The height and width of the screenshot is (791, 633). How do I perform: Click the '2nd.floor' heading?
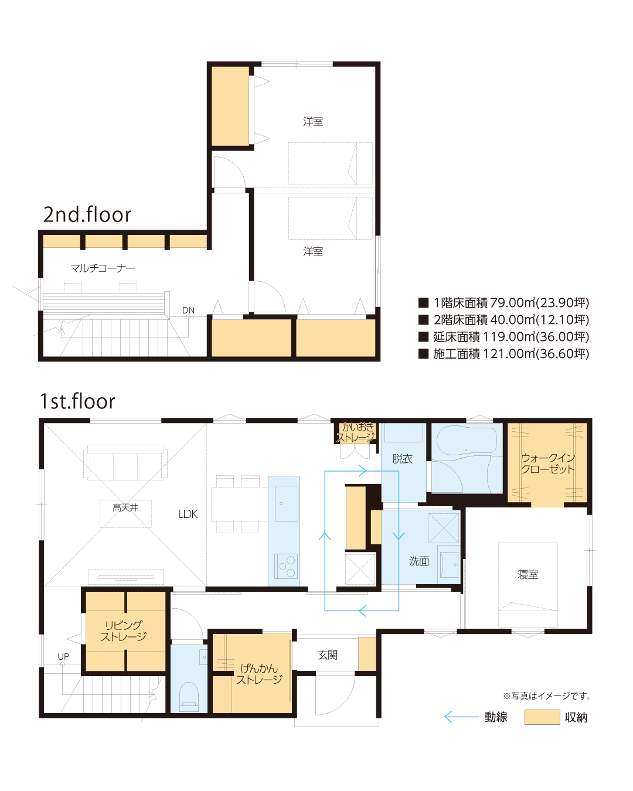[x=87, y=214]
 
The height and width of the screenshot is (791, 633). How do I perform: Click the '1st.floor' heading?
[x=77, y=401]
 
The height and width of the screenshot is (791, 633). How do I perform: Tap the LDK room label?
[x=188, y=514]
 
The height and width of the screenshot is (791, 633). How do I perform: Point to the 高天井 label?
[x=125, y=507]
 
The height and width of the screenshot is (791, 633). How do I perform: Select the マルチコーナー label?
[x=103, y=268]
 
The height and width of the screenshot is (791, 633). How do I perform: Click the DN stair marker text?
[x=188, y=310]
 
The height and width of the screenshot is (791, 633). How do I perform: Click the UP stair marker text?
[x=63, y=656]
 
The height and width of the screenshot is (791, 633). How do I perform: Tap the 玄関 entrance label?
[x=328, y=654]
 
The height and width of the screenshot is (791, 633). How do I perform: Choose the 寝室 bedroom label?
[x=528, y=574]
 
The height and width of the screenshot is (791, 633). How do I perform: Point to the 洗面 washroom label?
[x=419, y=561]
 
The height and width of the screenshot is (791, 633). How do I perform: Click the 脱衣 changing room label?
[x=403, y=458]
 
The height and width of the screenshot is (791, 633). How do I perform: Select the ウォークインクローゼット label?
[x=548, y=463]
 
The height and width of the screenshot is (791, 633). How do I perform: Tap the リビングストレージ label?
[x=124, y=630]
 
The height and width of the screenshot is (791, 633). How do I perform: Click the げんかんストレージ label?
[x=259, y=674]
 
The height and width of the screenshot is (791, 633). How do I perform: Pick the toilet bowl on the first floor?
[x=189, y=697]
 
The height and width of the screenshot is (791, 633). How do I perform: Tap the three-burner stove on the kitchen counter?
[x=286, y=567]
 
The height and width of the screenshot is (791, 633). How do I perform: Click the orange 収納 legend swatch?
[x=542, y=717]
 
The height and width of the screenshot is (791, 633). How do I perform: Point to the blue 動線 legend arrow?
[x=462, y=717]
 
